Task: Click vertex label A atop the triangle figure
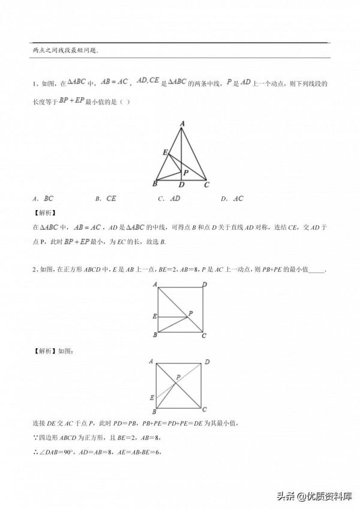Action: [182, 124]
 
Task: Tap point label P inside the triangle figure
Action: [187, 172]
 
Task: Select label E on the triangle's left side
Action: [164, 153]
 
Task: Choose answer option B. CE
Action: [107, 199]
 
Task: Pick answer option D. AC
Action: [233, 199]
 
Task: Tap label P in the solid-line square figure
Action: [190, 313]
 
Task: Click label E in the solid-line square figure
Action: [154, 316]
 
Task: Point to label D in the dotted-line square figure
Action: [207, 362]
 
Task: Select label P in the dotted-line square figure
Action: [178, 377]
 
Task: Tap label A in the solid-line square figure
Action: [155, 284]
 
